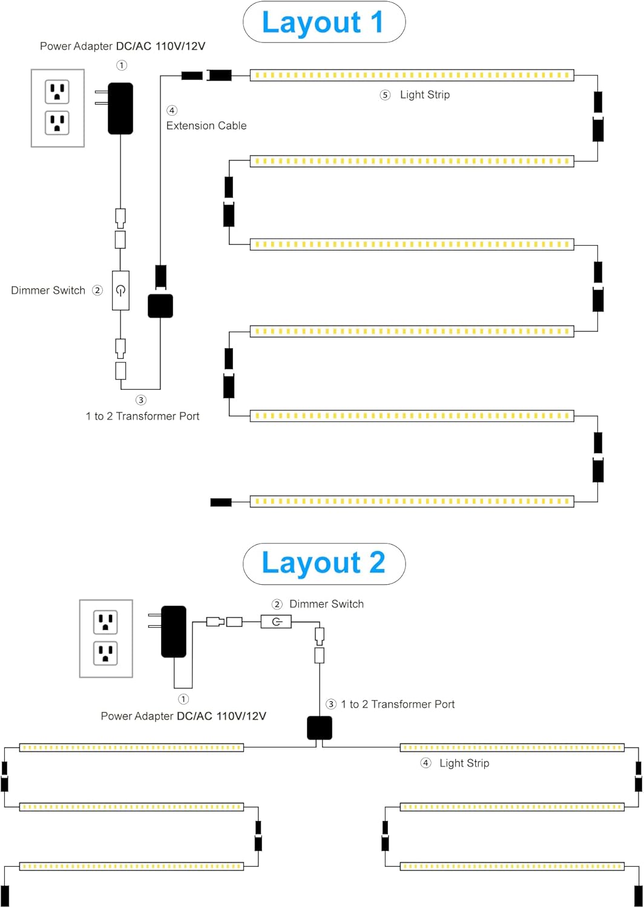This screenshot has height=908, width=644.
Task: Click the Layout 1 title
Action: click(323, 22)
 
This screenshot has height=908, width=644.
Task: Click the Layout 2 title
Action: click(323, 564)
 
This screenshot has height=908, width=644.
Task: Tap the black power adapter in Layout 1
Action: click(120, 108)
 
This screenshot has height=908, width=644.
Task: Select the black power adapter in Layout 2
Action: click(174, 631)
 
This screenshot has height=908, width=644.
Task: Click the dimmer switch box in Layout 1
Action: click(121, 290)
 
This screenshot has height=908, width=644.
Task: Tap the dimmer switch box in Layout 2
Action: click(276, 622)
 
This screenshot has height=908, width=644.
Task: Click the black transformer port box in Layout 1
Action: click(160, 306)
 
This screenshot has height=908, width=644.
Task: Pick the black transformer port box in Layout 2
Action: click(320, 728)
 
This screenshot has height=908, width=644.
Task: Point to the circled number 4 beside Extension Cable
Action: click(172, 110)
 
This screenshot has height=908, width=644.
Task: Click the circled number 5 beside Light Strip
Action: click(385, 95)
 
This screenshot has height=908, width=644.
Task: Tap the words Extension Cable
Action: click(206, 126)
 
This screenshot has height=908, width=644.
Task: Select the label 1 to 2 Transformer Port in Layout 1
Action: click(143, 416)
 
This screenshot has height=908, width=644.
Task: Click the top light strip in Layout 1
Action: click(412, 75)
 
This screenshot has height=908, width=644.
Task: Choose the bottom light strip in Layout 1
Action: click(412, 501)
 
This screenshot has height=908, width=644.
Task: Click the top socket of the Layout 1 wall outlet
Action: click(57, 91)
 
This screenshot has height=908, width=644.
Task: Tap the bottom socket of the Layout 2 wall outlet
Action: click(106, 653)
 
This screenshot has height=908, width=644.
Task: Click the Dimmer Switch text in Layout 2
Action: click(327, 604)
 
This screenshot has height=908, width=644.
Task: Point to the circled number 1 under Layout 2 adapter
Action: click(183, 699)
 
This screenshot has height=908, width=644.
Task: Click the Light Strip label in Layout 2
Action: click(464, 763)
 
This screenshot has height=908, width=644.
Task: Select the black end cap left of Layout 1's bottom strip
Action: click(221, 502)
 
